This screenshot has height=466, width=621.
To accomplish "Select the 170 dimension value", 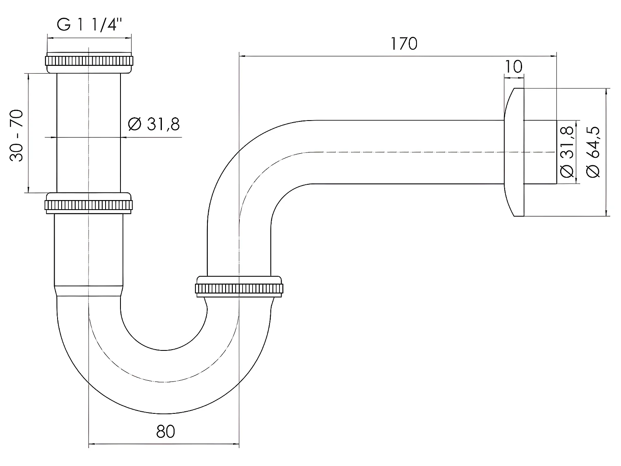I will coord(404,43).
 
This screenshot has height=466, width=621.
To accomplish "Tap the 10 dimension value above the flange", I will coord(514,66).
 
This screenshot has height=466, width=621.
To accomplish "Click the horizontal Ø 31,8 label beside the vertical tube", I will coord(154,124).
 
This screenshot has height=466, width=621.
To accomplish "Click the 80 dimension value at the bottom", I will coord(166,432).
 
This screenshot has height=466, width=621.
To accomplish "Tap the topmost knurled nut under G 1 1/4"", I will coord(89,61).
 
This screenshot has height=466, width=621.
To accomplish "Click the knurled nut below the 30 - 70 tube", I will coord(89,204).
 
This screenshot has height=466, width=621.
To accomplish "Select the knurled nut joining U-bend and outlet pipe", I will coord(239,287).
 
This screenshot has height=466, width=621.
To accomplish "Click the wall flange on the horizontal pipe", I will coord(514,152).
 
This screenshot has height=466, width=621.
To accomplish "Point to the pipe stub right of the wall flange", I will coord(540,152).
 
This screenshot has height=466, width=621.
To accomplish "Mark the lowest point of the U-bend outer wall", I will coord(164,413).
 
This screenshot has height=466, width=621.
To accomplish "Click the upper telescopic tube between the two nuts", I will coord(89,133).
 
